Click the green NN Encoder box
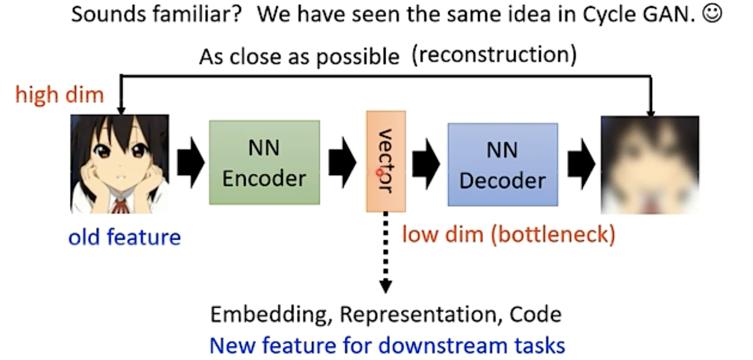(x=264, y=162)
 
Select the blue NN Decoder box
(x=502, y=164)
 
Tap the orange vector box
(x=386, y=161)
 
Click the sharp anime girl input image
(x=120, y=164)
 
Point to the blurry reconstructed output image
(x=650, y=165)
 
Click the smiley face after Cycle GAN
(x=712, y=15)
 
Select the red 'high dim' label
(x=60, y=95)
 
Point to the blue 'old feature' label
(x=125, y=237)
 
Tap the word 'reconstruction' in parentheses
(x=493, y=55)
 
